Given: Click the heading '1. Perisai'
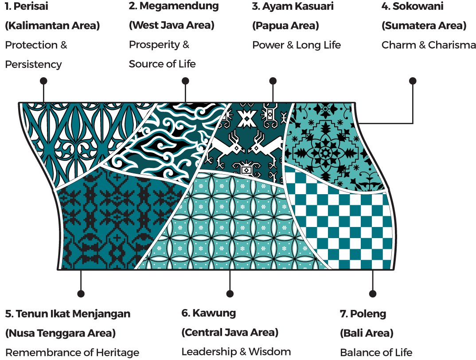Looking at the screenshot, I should pos(26,7).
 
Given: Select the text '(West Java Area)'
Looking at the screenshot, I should pos(172,25).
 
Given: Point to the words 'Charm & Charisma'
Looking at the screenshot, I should pos(428,45).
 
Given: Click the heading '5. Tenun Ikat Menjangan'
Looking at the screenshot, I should pos(68,314).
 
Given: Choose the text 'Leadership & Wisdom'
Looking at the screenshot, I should pos(236,352).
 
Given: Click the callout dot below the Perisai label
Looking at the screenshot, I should pos(43,81).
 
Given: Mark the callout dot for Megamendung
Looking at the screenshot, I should pos(185,81).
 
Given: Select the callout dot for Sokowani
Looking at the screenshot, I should pos(413,81).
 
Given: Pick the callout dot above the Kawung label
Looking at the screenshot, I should pos(230,293).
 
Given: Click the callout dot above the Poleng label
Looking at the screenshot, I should pos(372,293).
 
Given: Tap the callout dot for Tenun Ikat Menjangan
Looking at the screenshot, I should pos(81,293).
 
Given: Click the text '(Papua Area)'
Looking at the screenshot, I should pos(285,26).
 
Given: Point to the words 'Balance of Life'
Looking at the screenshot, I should pos(376,353).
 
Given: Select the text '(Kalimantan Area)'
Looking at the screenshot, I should pos(52,26).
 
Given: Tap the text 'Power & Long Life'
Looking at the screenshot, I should pos(296,45).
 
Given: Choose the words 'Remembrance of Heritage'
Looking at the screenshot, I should pos(72,353).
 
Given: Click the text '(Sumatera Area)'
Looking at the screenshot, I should pos(424,26).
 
